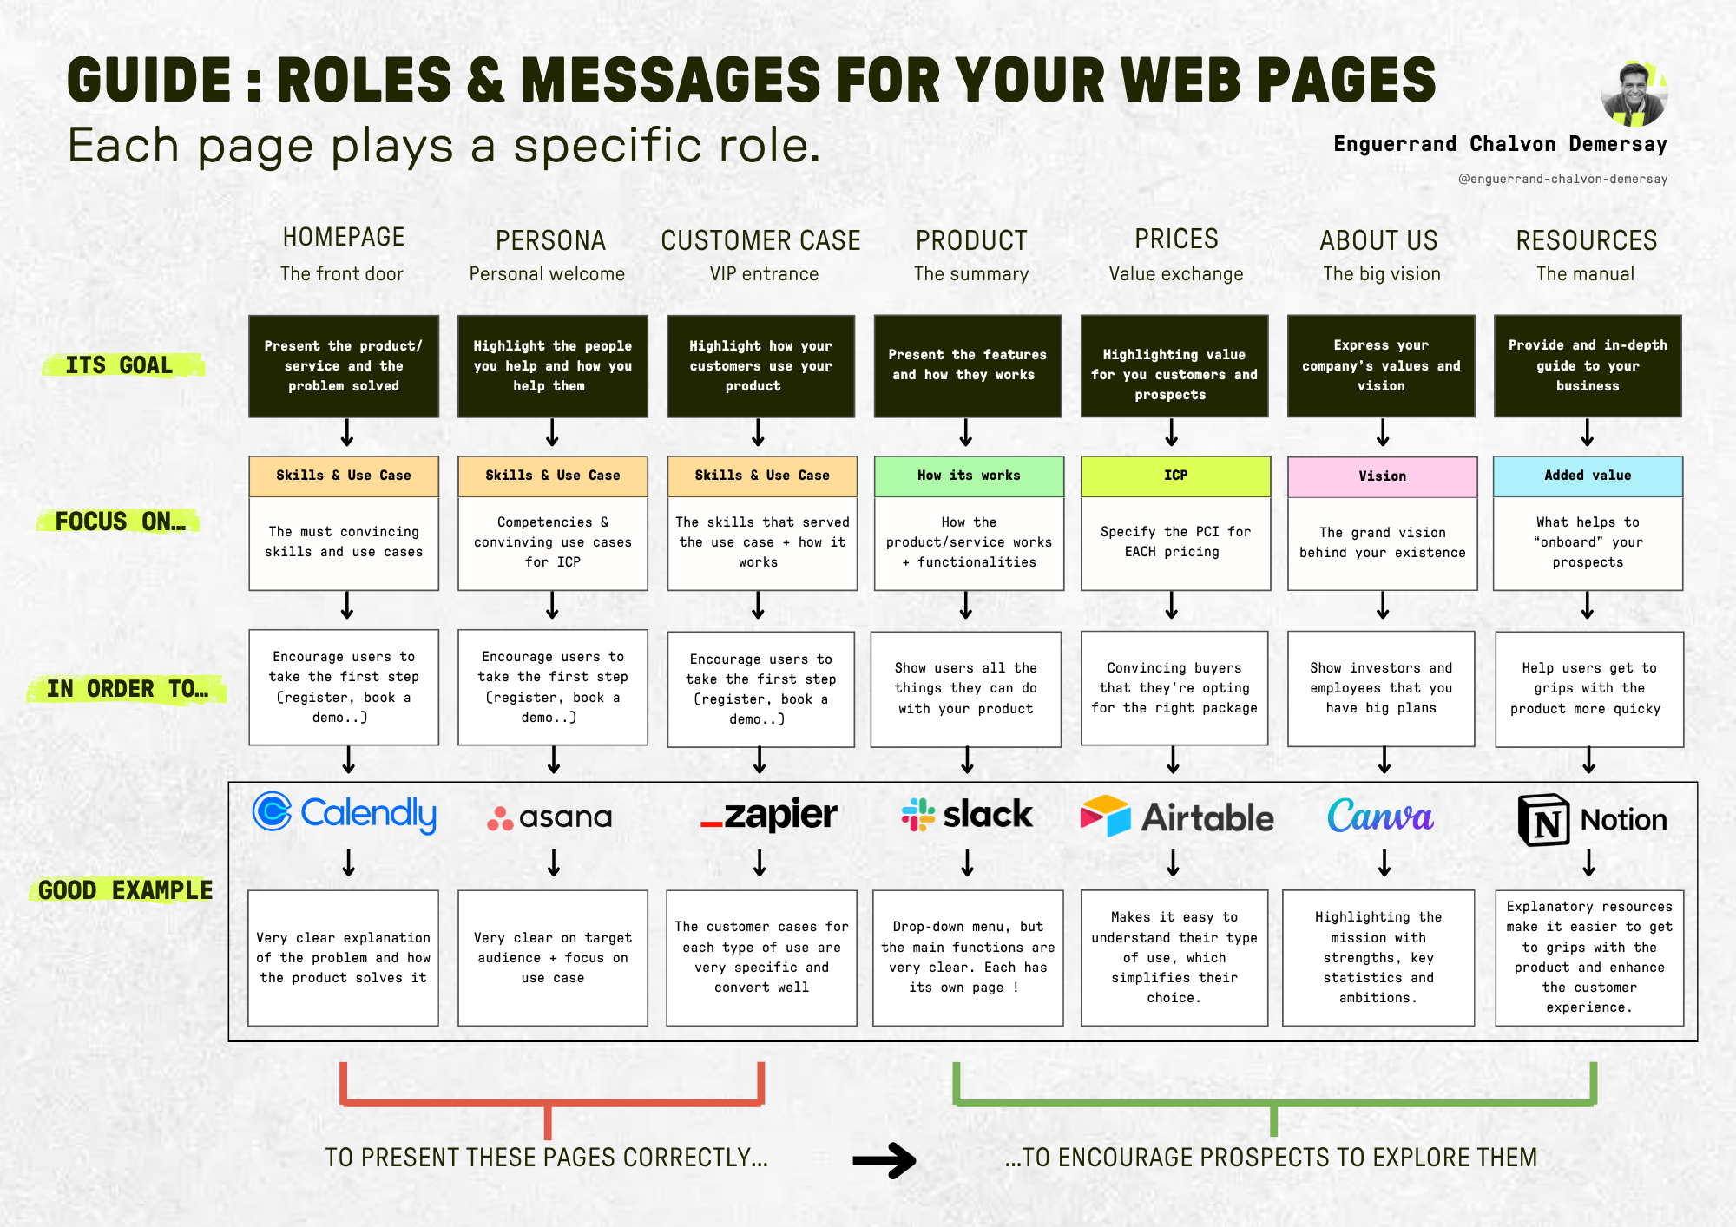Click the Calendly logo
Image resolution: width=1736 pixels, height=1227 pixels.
pyautogui.click(x=345, y=813)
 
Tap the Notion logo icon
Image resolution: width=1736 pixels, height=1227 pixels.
pyautogui.click(x=1543, y=820)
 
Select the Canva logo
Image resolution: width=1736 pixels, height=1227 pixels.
pyautogui.click(x=1380, y=816)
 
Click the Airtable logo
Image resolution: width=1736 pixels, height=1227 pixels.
pyautogui.click(x=1176, y=817)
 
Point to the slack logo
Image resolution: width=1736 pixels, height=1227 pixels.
pyautogui.click(x=967, y=815)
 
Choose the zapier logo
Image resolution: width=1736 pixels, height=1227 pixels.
pyautogui.click(x=769, y=815)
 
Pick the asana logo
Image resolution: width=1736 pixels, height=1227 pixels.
pyautogui.click(x=549, y=817)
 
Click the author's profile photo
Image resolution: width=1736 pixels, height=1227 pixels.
pyautogui.click(x=1634, y=95)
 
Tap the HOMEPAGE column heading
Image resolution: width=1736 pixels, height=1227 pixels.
pyautogui.click(x=344, y=237)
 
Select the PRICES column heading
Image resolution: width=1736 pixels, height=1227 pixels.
pyautogui.click(x=1176, y=239)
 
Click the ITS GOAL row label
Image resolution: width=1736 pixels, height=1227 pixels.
pyautogui.click(x=120, y=365)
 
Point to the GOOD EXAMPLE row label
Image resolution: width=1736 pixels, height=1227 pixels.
pyautogui.click(x=125, y=890)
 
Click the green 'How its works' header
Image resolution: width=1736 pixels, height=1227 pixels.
pyautogui.click(x=969, y=476)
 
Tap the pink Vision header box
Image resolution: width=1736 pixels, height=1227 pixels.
pyautogui.click(x=1382, y=476)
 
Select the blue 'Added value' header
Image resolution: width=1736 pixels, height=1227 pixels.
pyautogui.click(x=1588, y=476)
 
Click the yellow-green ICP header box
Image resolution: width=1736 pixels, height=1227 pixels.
pyautogui.click(x=1175, y=476)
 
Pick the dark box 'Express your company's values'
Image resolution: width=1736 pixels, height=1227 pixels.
pyautogui.click(x=1381, y=365)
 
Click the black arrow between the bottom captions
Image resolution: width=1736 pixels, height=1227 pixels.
pyautogui.click(x=884, y=1160)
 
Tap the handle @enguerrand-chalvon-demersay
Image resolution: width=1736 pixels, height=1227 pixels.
pyautogui.click(x=1562, y=179)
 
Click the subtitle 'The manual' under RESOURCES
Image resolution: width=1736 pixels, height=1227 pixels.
pyautogui.click(x=1585, y=274)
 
